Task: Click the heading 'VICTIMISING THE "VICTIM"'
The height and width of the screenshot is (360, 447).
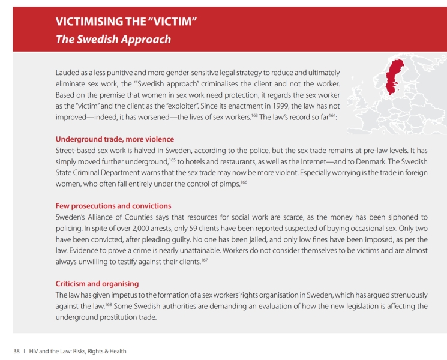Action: (127, 22)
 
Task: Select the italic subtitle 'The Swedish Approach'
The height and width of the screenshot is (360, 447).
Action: (113, 40)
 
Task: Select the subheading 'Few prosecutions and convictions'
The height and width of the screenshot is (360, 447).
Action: (113, 206)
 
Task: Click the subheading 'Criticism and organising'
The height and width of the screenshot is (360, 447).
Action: (97, 283)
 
